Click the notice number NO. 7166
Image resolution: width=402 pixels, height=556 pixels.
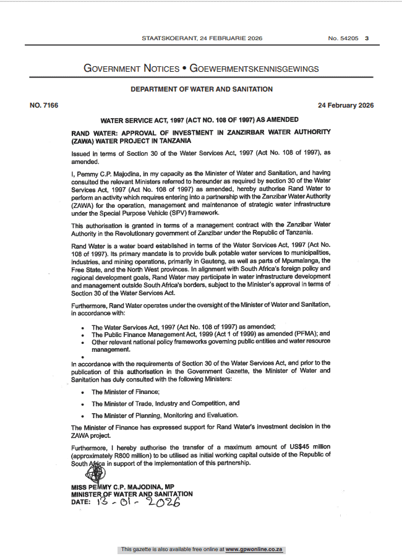click(44, 105)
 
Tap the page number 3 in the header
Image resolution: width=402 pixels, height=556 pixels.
click(367, 38)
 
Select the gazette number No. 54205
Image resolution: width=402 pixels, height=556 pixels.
click(343, 38)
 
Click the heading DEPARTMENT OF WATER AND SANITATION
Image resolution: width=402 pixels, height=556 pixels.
click(202, 89)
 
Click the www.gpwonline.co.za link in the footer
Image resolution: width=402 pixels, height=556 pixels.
click(254, 549)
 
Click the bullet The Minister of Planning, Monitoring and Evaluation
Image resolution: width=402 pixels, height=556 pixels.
click(165, 416)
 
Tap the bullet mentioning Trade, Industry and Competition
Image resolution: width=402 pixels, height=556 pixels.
click(165, 403)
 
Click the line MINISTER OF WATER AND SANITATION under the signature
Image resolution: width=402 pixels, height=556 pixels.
click(132, 494)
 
